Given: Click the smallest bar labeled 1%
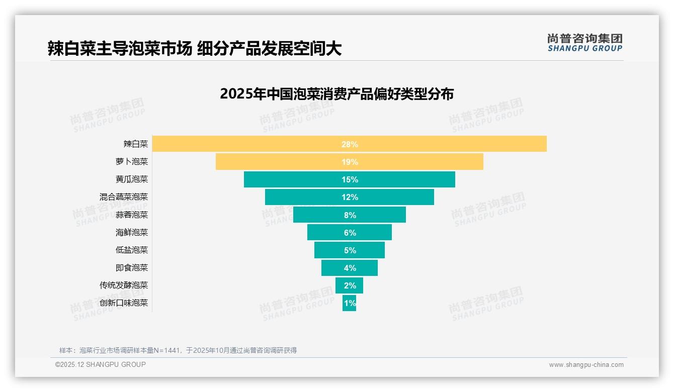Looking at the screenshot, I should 349,303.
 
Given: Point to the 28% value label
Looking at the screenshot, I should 349,144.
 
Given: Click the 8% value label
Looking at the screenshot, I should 349,215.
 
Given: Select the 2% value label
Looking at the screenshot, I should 349,285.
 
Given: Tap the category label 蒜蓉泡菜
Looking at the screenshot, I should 132,215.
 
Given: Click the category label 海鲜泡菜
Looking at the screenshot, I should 132,232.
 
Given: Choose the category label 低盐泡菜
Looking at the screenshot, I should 132,250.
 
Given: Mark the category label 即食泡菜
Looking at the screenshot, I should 132,268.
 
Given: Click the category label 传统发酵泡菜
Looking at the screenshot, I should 124,285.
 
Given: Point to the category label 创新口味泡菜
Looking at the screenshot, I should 124,303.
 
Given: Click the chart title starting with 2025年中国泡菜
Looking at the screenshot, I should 336,94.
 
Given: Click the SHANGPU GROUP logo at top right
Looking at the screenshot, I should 584,43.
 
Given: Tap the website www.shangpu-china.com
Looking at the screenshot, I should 586,365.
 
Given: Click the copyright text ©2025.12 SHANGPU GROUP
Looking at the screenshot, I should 101,364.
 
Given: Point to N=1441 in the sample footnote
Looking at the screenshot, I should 166,350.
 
